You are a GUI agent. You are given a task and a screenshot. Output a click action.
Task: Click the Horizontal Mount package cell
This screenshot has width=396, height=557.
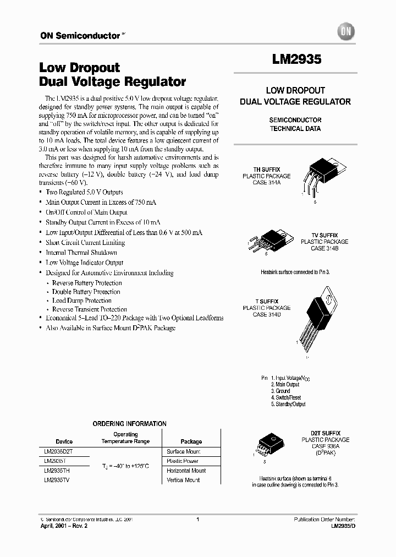click(x=186, y=471)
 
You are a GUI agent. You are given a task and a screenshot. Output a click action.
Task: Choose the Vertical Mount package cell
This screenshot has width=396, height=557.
click(x=183, y=480)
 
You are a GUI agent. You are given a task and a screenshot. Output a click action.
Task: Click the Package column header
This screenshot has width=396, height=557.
click(x=191, y=441)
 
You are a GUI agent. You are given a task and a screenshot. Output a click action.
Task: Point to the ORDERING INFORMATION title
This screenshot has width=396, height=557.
click(x=129, y=424)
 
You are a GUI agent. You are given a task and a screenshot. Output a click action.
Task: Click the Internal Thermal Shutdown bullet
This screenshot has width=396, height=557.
click(x=81, y=253)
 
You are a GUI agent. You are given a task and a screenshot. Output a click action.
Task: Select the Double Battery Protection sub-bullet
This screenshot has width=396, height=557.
click(x=86, y=292)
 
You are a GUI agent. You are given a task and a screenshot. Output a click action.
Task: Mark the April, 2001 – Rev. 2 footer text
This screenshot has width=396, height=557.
click(x=64, y=526)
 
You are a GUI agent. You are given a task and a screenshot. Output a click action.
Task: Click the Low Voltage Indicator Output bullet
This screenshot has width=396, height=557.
click(x=85, y=263)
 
